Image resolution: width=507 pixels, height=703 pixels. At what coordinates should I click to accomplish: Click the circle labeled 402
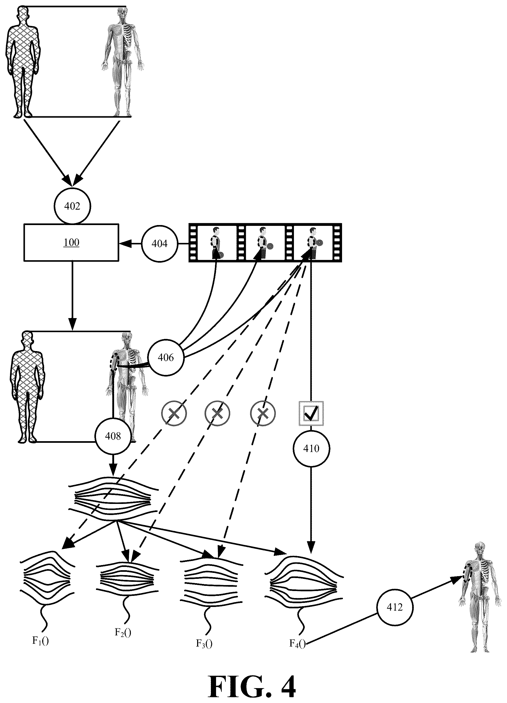(x=72, y=206)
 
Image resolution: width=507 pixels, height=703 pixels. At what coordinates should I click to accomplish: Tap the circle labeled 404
(x=160, y=244)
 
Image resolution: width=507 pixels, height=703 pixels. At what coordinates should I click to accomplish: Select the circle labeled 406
(x=165, y=357)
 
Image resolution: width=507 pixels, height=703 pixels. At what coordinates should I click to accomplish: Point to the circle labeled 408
(x=113, y=436)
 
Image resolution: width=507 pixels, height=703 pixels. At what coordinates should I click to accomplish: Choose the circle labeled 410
(x=311, y=448)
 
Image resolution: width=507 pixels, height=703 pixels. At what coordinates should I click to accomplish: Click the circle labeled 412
(x=395, y=607)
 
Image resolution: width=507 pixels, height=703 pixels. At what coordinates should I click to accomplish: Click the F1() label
(x=41, y=641)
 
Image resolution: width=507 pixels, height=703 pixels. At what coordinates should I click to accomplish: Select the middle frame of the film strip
(x=265, y=242)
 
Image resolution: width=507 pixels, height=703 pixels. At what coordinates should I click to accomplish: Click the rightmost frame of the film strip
(x=313, y=242)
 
